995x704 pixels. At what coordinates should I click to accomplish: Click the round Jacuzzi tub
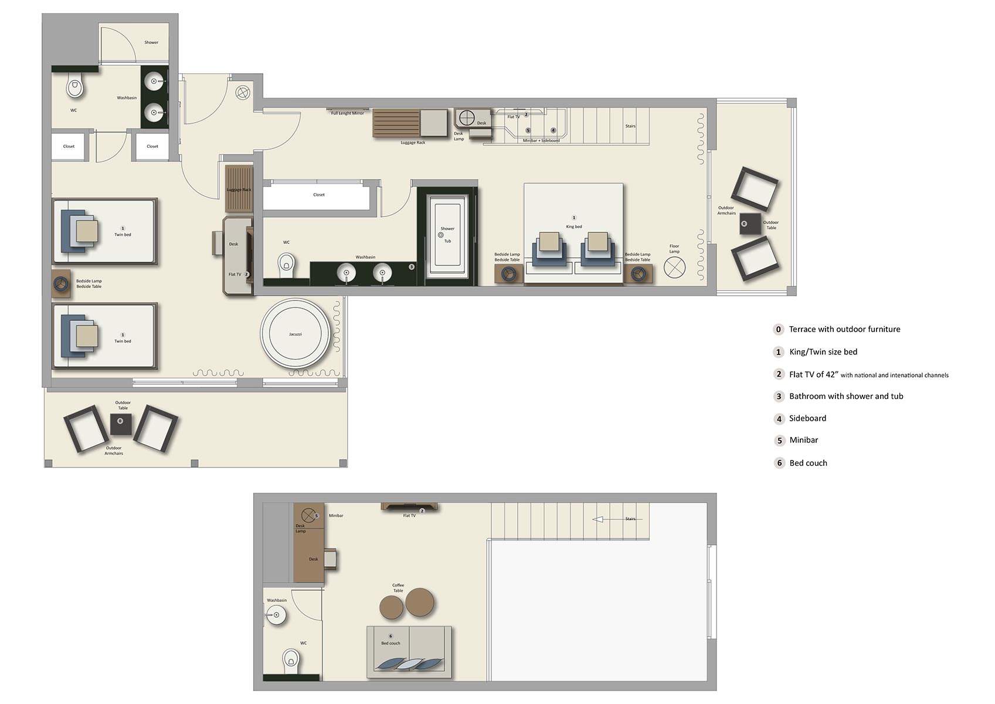coord(296,334)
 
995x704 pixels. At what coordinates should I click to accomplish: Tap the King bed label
coord(574,226)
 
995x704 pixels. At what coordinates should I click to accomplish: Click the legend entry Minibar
coord(803,440)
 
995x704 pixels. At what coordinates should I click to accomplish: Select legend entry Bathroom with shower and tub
coord(845,396)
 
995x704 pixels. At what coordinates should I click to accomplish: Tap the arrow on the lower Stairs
coord(598,519)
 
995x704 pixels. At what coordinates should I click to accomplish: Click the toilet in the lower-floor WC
coord(291,660)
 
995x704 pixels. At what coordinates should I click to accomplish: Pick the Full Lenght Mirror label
coord(348,113)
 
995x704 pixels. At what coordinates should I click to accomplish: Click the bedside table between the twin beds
coord(60,283)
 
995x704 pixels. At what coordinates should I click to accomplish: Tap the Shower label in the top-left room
coord(151,42)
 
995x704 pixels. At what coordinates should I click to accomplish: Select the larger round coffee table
coord(420,601)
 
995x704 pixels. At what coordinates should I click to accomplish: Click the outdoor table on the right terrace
coord(749,224)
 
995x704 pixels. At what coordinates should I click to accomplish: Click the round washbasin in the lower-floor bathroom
coord(275,615)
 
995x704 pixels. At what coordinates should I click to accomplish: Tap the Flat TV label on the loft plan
coord(409,516)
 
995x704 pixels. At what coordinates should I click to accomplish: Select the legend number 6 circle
coord(779,463)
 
